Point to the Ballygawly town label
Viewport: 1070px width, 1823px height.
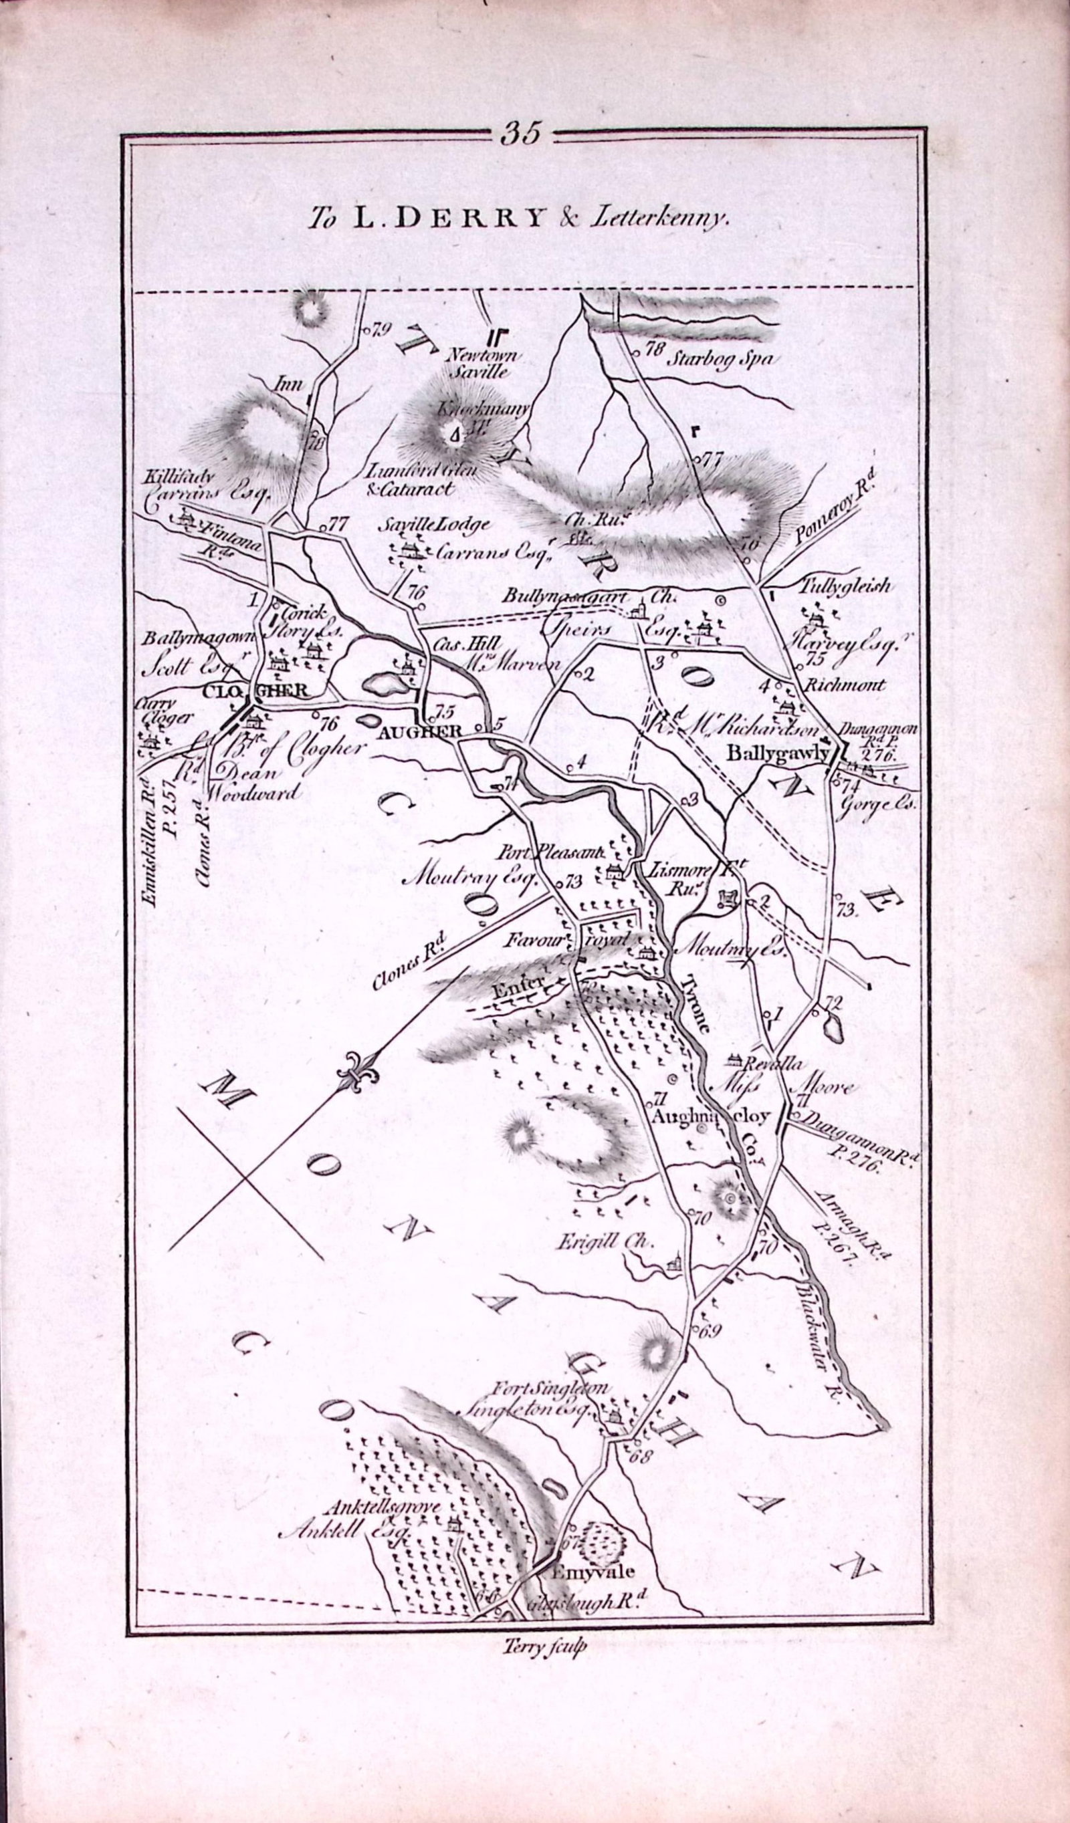(777, 752)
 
